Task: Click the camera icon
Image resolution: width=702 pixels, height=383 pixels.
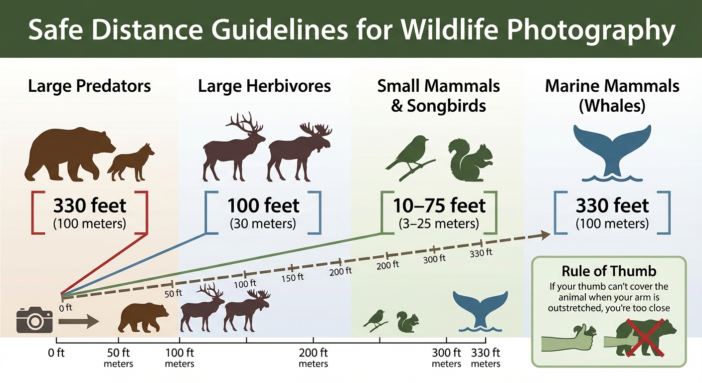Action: click(x=34, y=320)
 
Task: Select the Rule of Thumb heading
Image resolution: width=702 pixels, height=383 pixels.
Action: click(x=609, y=271)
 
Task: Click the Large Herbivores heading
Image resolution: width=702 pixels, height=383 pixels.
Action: click(x=264, y=86)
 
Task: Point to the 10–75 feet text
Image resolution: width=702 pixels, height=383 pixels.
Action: click(x=438, y=205)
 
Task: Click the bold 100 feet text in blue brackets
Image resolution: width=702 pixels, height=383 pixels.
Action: click(x=263, y=205)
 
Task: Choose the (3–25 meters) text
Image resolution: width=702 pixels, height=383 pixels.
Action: click(x=438, y=224)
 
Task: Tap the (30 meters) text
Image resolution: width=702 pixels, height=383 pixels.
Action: click(x=263, y=224)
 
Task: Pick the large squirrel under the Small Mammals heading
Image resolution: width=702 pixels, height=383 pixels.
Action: click(x=470, y=159)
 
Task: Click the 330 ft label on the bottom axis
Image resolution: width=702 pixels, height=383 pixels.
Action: click(x=486, y=353)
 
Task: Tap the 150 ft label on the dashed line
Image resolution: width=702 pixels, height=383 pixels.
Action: click(x=292, y=277)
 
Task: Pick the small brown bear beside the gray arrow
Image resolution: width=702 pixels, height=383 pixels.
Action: click(x=143, y=317)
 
